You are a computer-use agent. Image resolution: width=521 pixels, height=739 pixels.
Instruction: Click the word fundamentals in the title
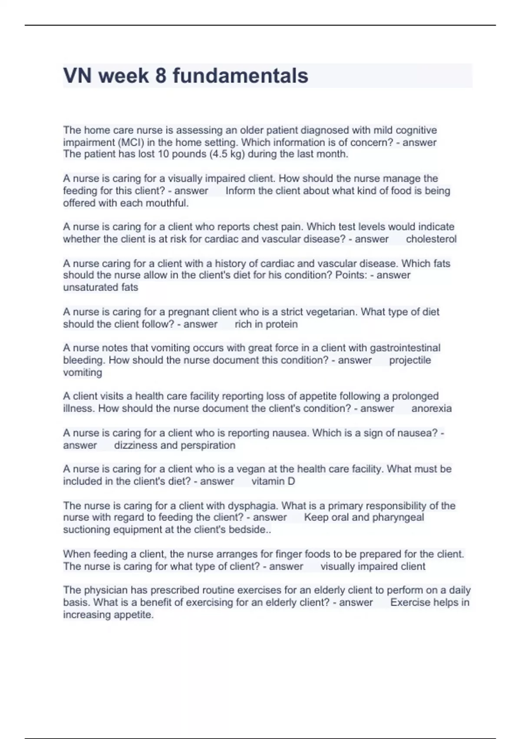(x=241, y=76)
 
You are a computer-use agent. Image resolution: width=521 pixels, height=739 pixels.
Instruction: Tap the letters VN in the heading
(x=77, y=76)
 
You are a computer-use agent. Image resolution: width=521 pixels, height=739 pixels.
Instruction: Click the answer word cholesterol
(x=431, y=239)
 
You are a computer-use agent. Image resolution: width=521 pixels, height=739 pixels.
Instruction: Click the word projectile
(x=410, y=360)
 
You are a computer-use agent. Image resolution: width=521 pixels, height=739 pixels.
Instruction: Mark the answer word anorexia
(x=432, y=408)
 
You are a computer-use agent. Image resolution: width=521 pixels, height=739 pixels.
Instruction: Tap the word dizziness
(x=135, y=445)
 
